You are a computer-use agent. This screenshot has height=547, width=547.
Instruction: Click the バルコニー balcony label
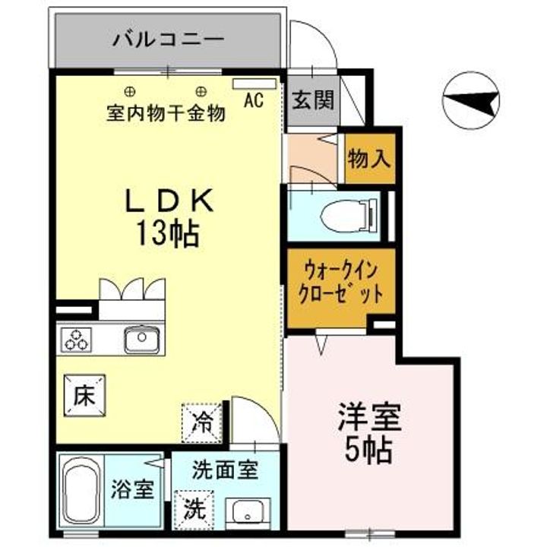pyautogui.click(x=168, y=38)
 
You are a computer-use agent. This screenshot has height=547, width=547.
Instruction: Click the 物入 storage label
pyautogui.click(x=370, y=159)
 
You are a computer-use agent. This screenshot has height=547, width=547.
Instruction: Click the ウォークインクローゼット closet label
pyautogui.click(x=341, y=283)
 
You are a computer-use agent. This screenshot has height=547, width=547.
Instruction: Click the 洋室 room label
pyautogui.click(x=370, y=419)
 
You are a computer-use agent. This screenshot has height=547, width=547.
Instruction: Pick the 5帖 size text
pyautogui.click(x=370, y=451)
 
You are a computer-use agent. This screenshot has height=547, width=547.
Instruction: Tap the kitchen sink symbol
pyautogui.click(x=141, y=339)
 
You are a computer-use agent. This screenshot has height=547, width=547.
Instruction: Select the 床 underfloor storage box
pyautogui.click(x=84, y=396)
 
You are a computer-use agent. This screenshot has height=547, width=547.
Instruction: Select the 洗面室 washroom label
pyautogui.click(x=226, y=470)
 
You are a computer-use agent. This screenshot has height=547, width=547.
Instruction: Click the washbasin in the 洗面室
pyautogui.click(x=248, y=514)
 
